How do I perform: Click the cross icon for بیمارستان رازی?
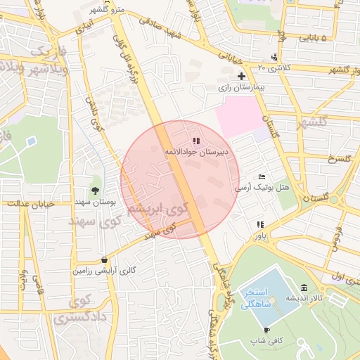pos(241,76)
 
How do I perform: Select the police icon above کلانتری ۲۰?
pos(274,57)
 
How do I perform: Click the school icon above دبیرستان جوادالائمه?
pos(195,141)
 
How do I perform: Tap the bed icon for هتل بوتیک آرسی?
pos(262,176)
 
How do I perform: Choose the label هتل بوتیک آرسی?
pos(262,188)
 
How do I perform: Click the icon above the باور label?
pos(259,225)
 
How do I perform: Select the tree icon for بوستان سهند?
pos(95,191)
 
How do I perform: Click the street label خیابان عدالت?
pos(31,203)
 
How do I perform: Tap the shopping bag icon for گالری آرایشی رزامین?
pos(104,259)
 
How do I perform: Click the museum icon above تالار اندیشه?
pos(304,288)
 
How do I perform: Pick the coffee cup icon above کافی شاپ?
pos(266,330)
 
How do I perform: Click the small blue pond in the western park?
pos(30,142)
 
